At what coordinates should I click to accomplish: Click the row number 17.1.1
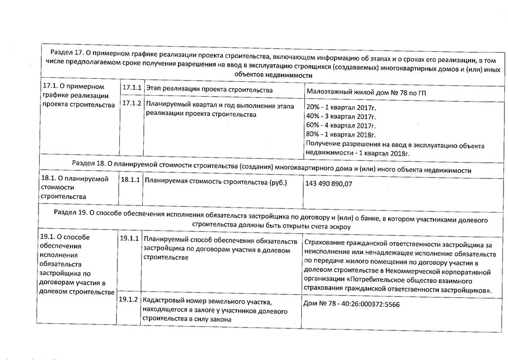point(132,88)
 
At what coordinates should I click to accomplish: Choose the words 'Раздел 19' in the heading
point(71,213)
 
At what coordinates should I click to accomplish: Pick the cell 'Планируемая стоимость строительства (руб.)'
point(216,182)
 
